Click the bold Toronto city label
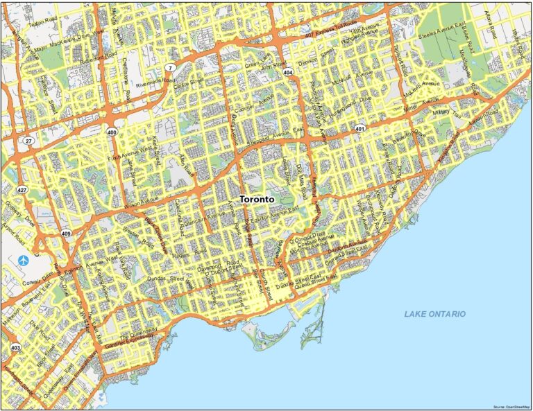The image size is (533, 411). coord(256,199)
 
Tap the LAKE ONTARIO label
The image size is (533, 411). coord(435,314)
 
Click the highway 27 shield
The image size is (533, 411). coord(28,141)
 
